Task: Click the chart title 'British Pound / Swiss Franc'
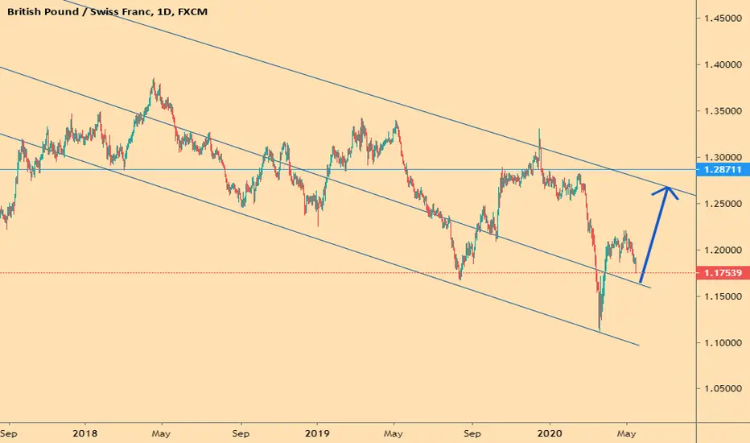click(x=78, y=11)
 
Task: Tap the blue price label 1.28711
click(x=723, y=169)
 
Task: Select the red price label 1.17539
click(x=723, y=273)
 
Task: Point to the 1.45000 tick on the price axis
click(x=723, y=19)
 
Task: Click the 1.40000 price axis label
click(x=723, y=64)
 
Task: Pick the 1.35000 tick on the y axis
click(x=723, y=111)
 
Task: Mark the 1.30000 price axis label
click(x=723, y=157)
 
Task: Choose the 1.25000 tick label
click(x=723, y=204)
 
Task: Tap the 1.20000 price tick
click(x=723, y=250)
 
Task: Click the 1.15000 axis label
click(x=723, y=296)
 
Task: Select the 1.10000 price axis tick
click(x=723, y=343)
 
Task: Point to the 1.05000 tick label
click(x=723, y=388)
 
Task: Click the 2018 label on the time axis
click(x=85, y=433)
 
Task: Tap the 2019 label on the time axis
click(x=317, y=433)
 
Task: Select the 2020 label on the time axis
click(x=550, y=433)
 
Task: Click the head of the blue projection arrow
click(x=667, y=187)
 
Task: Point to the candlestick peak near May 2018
click(x=153, y=79)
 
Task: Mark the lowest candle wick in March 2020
click(x=600, y=330)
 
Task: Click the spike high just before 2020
click(x=539, y=130)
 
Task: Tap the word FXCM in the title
click(x=193, y=11)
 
